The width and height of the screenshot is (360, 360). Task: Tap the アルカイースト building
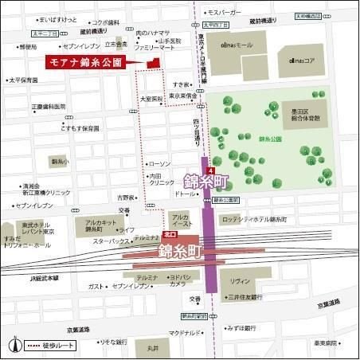tap(180, 221)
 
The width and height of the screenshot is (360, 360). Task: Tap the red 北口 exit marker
tap(169, 237)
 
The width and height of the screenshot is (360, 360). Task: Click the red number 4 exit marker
tap(209, 171)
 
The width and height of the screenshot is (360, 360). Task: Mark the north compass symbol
tap(14, 345)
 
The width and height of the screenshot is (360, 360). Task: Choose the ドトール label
tap(185, 194)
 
